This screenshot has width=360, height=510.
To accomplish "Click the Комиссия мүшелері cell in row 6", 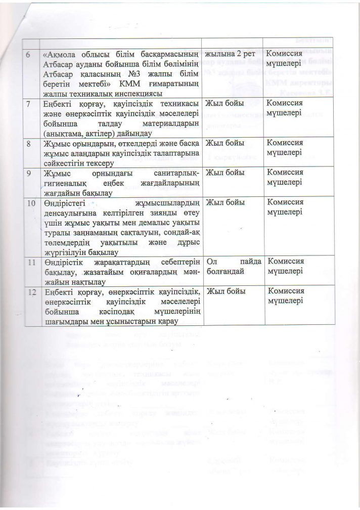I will pyautogui.click(x=286, y=58).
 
